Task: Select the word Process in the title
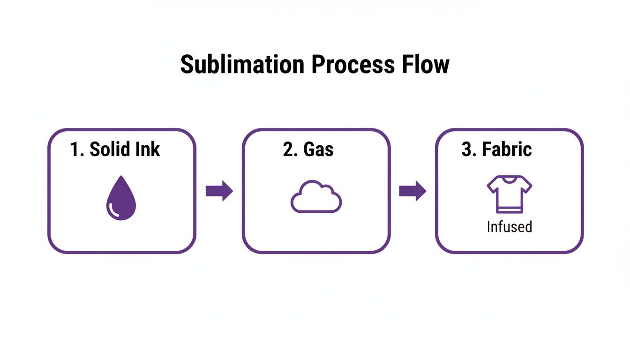pyautogui.click(x=352, y=65)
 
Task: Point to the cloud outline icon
pyautogui.click(x=316, y=197)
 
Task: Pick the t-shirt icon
pyautogui.click(x=509, y=194)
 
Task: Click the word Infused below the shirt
pyautogui.click(x=509, y=227)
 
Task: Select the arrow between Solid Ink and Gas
pyautogui.click(x=219, y=191)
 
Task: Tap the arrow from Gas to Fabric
pyautogui.click(x=412, y=191)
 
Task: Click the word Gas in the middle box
pyautogui.click(x=318, y=150)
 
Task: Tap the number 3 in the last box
pyautogui.click(x=466, y=150)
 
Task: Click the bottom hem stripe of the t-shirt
pyautogui.click(x=509, y=210)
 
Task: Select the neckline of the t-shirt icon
pyautogui.click(x=509, y=179)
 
